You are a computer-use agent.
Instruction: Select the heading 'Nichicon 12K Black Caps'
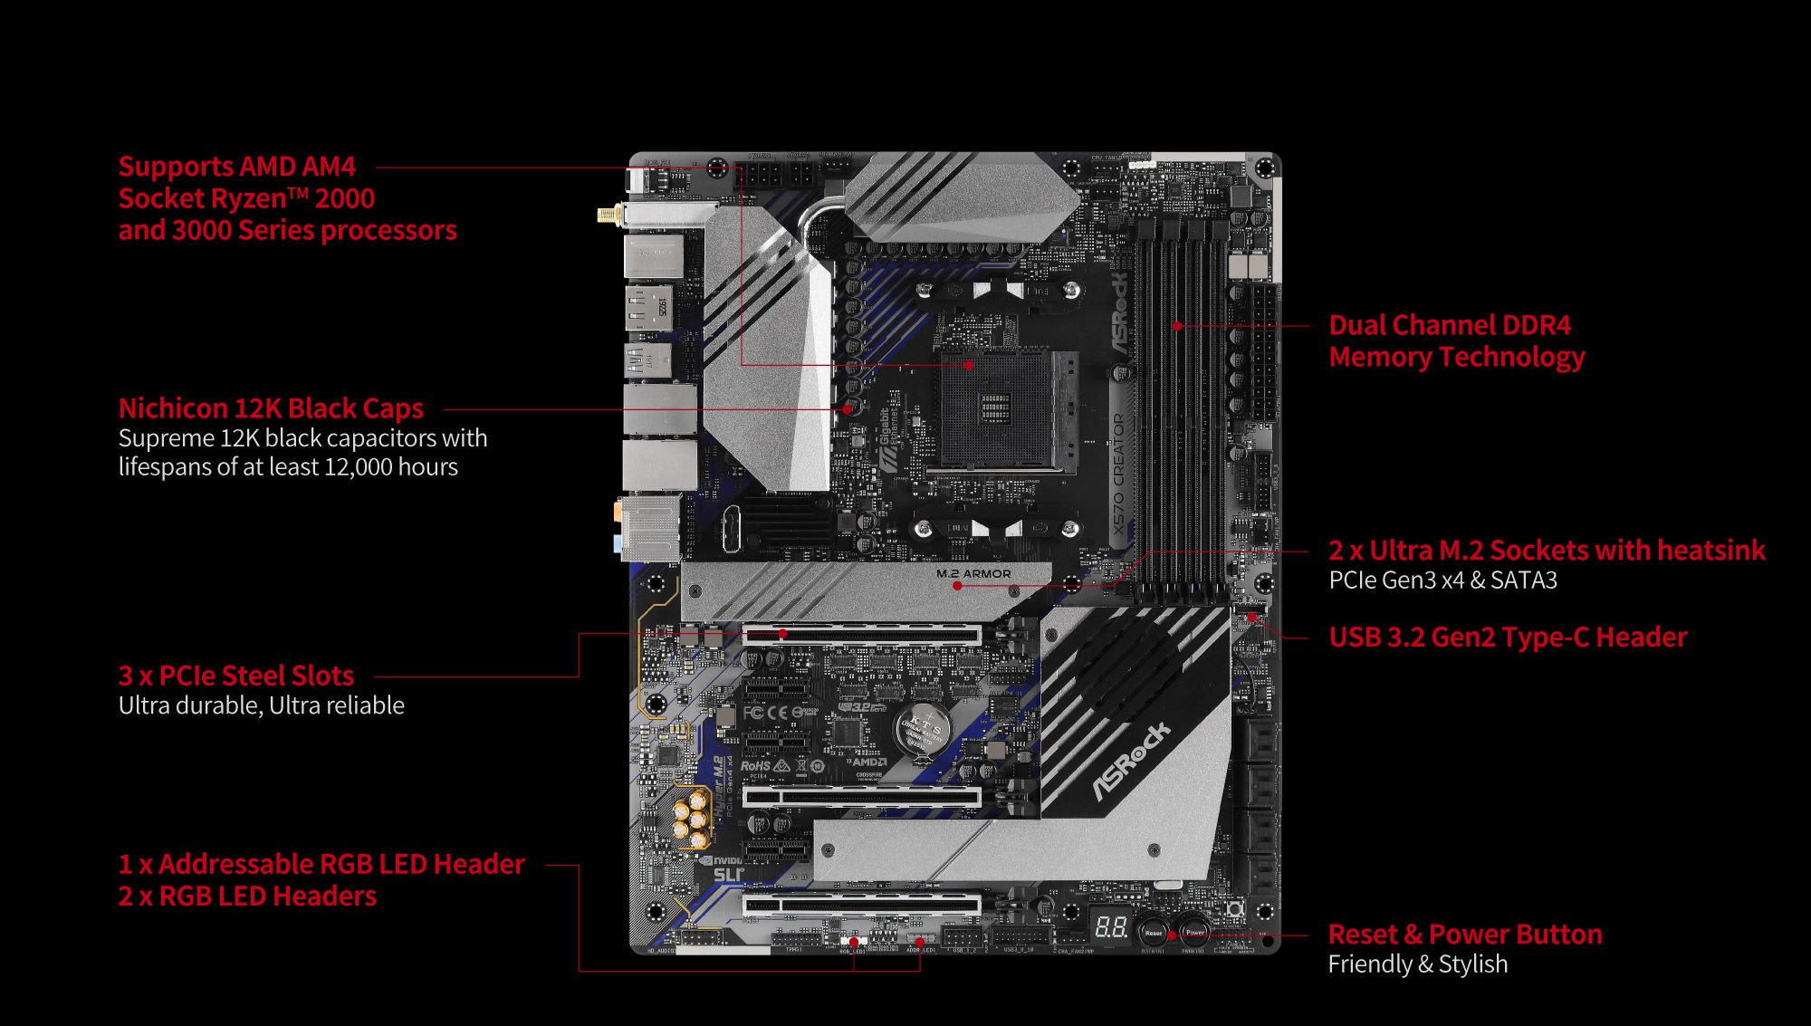[271, 408]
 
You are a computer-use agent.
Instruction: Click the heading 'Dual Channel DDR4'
[1450, 325]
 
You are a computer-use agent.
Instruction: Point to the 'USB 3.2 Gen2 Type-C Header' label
[1508, 637]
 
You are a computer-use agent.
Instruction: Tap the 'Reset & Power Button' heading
[1464, 934]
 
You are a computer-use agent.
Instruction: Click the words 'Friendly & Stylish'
[1417, 964]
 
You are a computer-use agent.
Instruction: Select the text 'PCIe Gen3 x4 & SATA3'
[1442, 580]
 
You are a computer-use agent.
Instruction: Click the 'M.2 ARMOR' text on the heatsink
[973, 573]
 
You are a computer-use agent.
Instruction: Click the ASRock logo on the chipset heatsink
[1132, 762]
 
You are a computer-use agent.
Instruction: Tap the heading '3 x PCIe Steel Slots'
[236, 676]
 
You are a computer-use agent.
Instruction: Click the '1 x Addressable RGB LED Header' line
[321, 864]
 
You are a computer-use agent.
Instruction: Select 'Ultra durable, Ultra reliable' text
[262, 705]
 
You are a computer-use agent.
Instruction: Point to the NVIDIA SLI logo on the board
[724, 868]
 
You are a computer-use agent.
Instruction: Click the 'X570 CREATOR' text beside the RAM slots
[1118, 475]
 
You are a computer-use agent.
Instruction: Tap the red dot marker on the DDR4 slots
[1177, 326]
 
